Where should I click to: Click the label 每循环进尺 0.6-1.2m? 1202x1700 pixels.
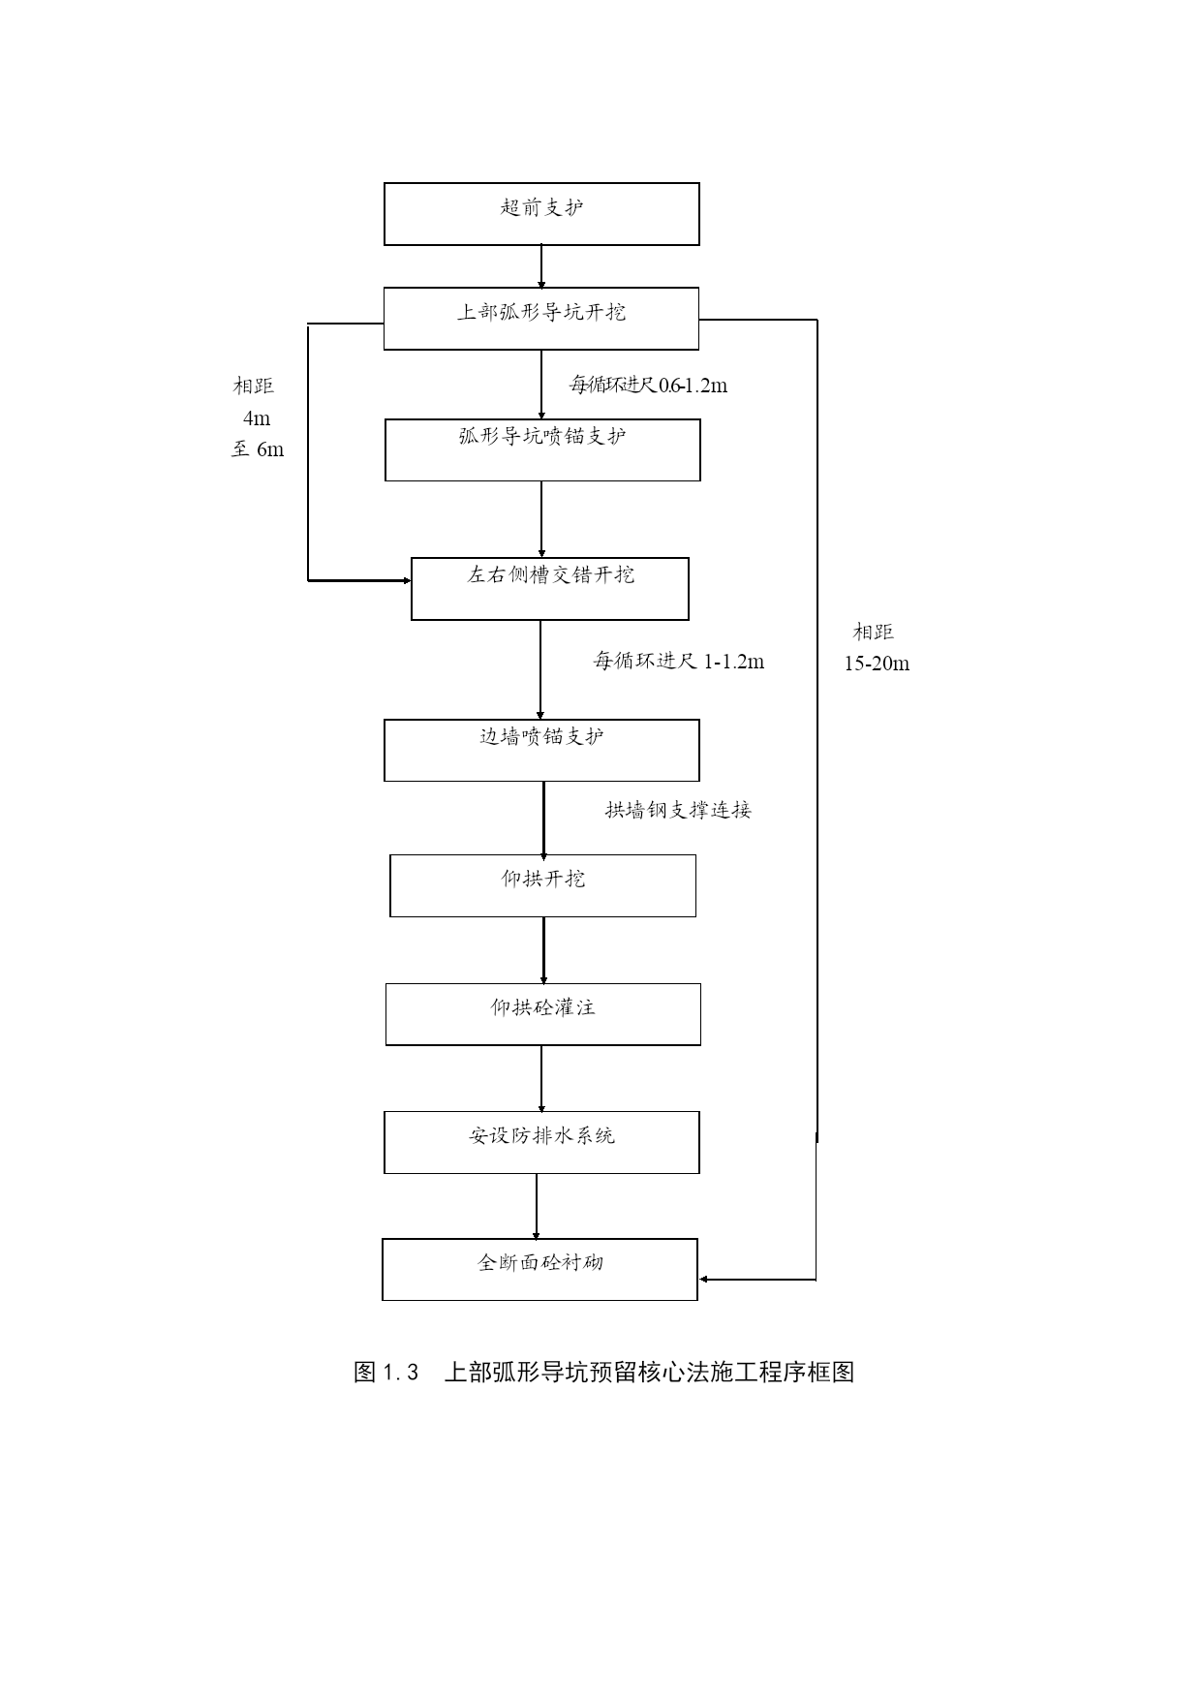point(648,386)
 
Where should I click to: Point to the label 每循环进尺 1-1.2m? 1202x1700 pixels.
point(678,662)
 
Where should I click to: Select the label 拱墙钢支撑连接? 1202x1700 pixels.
point(678,810)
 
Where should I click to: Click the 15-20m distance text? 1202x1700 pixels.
point(877,664)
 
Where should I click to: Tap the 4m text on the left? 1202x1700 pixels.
point(257,418)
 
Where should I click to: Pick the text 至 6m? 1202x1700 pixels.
point(258,449)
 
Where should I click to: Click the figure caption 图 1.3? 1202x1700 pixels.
point(385,1373)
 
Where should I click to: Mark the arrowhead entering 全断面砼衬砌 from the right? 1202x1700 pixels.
point(704,1280)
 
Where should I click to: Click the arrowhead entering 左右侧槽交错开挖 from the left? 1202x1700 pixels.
point(407,581)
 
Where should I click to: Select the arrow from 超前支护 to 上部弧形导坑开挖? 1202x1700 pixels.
point(541,266)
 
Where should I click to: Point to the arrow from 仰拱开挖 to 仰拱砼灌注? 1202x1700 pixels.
point(543,950)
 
